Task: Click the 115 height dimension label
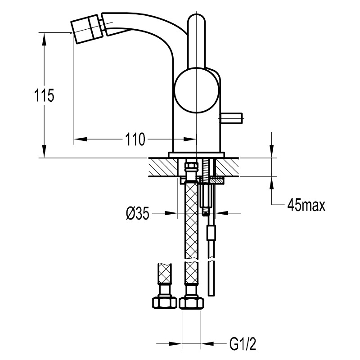(44, 95)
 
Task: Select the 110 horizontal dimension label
(135, 139)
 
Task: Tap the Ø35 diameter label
(138, 213)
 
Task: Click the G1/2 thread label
(243, 343)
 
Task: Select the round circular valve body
(196, 90)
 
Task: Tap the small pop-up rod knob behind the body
(231, 118)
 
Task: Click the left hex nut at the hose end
(164, 303)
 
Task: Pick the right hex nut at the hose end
(192, 303)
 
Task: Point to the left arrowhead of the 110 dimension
(81, 139)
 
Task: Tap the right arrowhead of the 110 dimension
(190, 139)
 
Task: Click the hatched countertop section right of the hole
(227, 167)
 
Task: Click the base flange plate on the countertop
(197, 155)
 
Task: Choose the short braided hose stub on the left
(165, 274)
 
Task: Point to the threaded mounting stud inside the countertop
(206, 169)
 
